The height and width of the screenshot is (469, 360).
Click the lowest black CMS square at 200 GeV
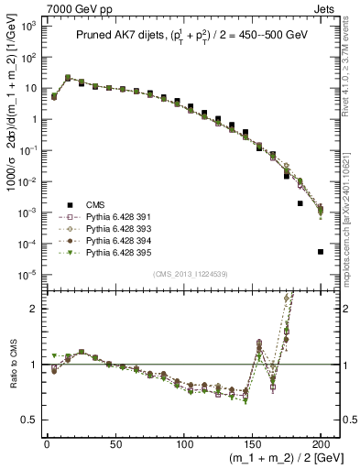point(321,251)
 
